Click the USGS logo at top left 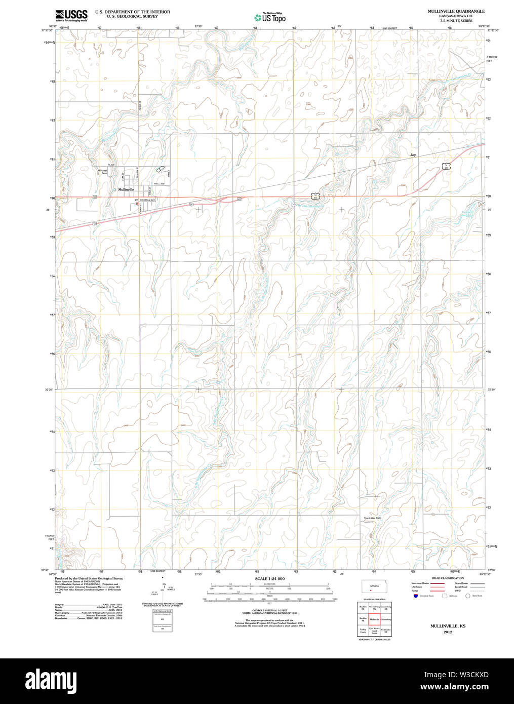[x=71, y=15]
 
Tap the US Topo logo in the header [x=270, y=18]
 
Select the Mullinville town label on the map [x=126, y=189]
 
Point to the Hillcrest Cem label [x=103, y=172]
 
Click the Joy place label [x=413, y=154]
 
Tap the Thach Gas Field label [x=372, y=518]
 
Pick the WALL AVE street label [x=160, y=184]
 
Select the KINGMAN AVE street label [x=147, y=201]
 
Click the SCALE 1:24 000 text [x=269, y=579]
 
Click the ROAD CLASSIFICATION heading [x=448, y=578]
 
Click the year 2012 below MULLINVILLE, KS [x=448, y=632]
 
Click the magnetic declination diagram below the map [x=163, y=589]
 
